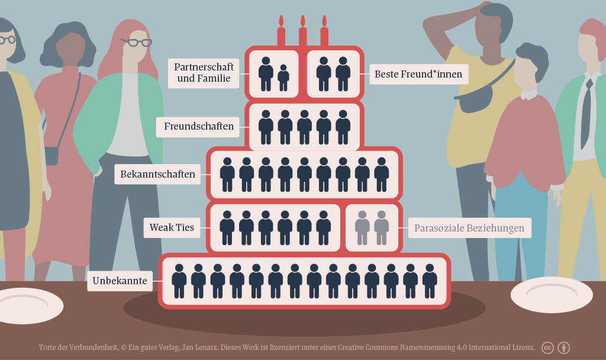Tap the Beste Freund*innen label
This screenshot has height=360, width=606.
419,75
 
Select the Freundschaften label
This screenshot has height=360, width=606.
199,126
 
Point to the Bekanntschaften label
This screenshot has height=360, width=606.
157,174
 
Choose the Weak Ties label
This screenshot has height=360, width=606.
172,227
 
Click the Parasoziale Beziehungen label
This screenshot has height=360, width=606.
469,228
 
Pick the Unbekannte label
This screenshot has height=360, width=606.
120,281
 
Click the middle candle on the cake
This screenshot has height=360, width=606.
303,34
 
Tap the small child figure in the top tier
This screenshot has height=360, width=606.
283,78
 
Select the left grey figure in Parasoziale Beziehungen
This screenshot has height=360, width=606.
362,227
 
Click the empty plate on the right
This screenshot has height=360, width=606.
552,294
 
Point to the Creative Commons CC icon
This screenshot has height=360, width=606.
547,348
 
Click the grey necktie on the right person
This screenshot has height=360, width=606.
586,112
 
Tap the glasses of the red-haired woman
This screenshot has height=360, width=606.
137,43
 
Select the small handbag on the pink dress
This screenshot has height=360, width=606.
51,156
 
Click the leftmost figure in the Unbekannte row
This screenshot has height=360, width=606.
179,281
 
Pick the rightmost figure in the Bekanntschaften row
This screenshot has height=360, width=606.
382,174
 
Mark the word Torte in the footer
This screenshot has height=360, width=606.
49,348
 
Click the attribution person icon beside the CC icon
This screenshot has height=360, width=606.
564,348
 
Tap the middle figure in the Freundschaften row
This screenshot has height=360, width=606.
304,127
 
